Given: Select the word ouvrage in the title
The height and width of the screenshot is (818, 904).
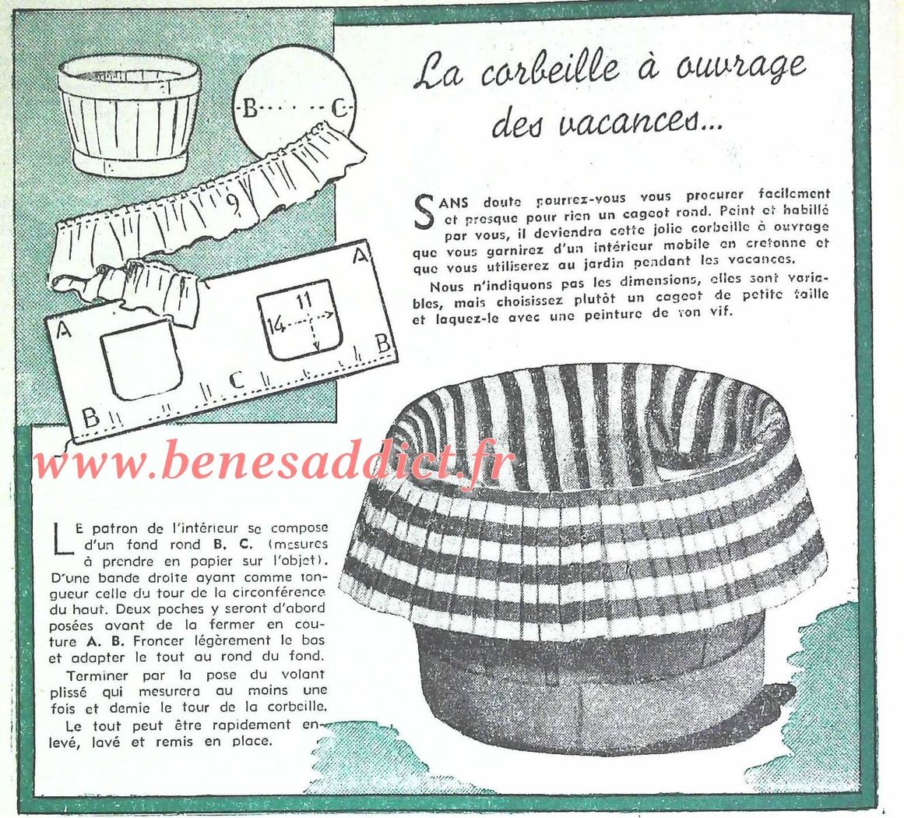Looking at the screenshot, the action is tap(740, 65).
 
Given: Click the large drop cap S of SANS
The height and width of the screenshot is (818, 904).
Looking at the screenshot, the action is tap(424, 211).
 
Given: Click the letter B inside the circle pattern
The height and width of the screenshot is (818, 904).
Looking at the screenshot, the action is tap(250, 108).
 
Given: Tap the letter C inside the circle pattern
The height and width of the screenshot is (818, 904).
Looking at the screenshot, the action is tap(339, 108).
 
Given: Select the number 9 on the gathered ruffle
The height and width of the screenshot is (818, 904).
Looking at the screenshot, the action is tap(232, 203).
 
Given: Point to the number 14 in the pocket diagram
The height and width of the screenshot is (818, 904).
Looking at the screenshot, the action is tap(277, 326).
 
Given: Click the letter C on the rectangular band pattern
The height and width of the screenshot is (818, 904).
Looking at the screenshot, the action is tap(237, 381).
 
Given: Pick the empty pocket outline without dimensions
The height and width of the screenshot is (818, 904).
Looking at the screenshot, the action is tap(141, 359).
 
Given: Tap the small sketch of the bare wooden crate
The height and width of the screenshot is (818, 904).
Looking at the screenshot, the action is tap(129, 117).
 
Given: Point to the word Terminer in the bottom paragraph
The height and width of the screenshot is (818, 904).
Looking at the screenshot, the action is tap(97, 675).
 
